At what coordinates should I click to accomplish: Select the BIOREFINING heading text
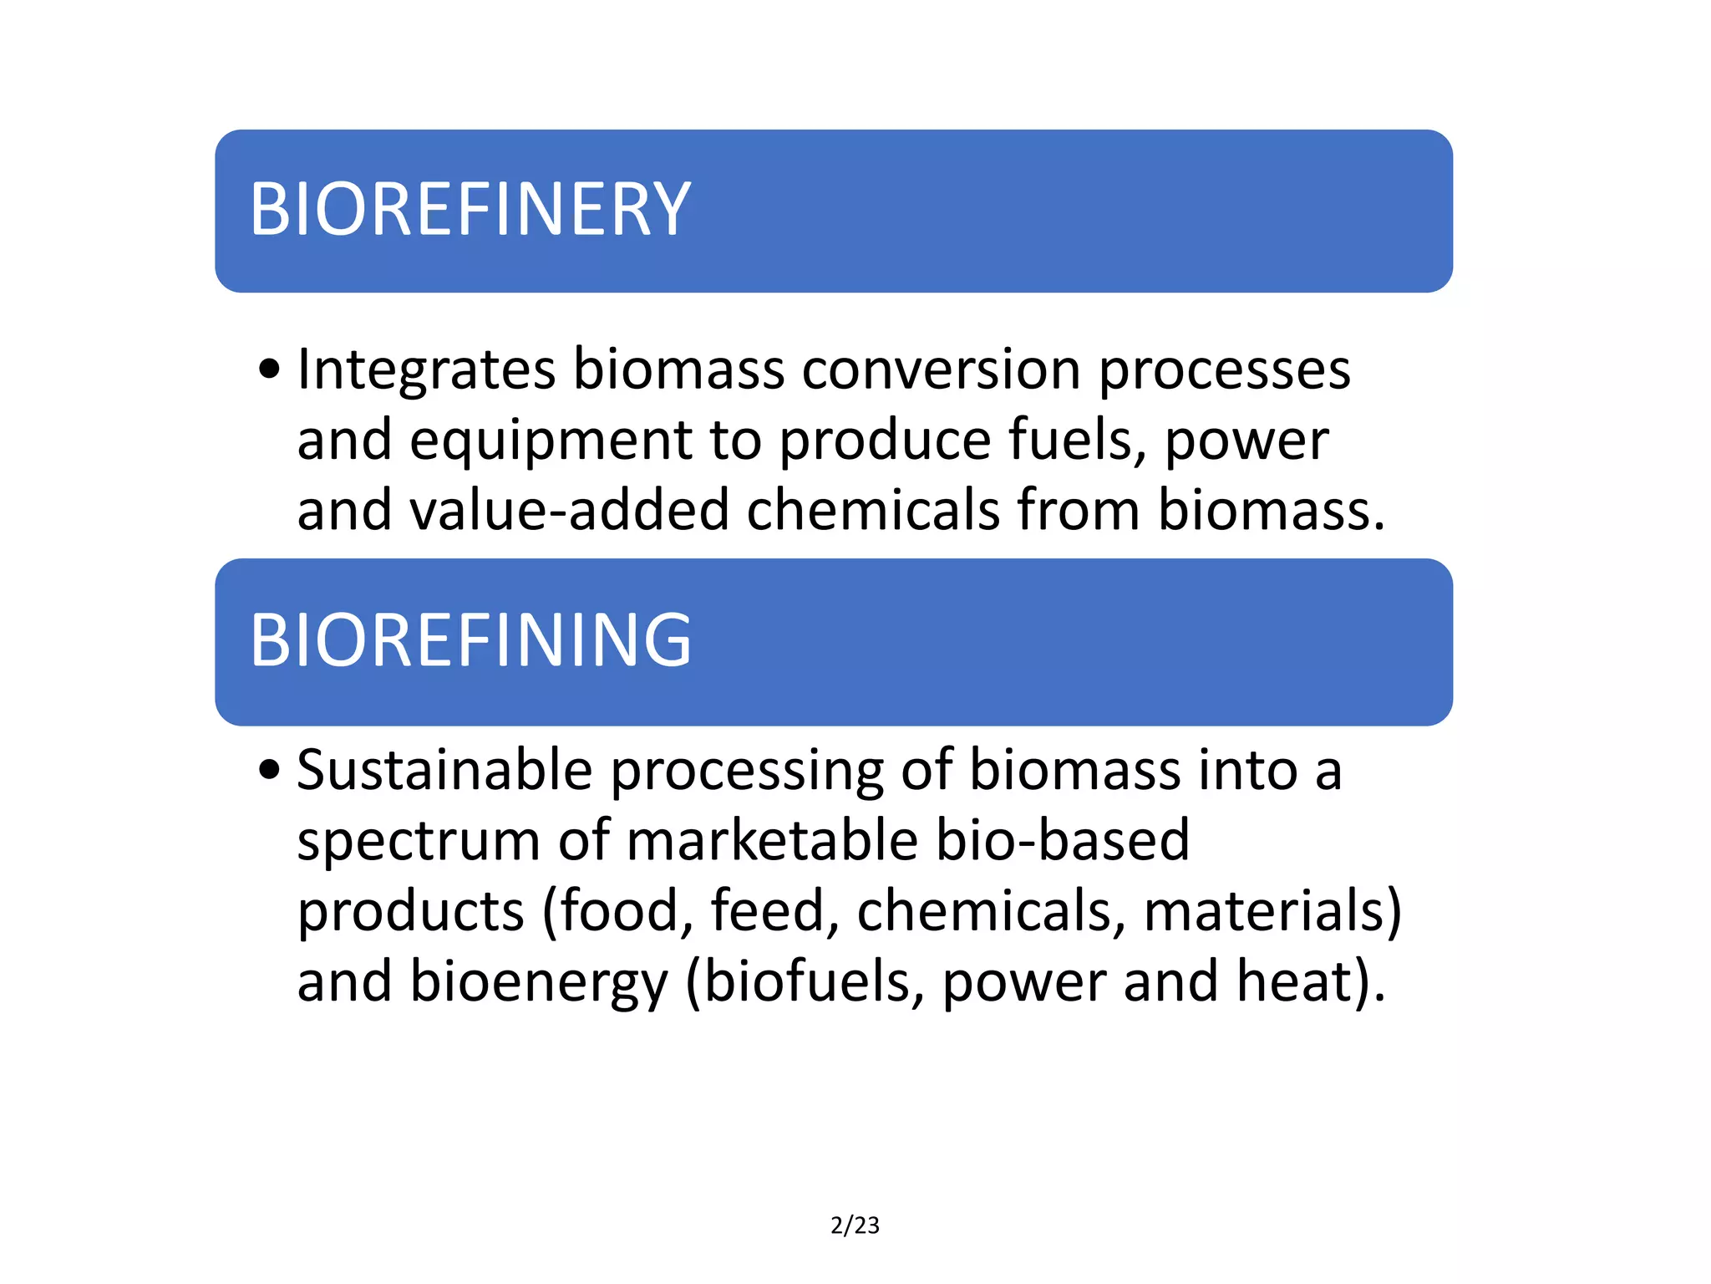click(470, 640)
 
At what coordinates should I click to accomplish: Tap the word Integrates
click(426, 369)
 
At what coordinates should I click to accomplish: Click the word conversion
click(942, 369)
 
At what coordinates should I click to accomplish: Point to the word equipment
click(551, 441)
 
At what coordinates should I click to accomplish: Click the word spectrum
click(419, 841)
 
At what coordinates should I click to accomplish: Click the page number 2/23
click(855, 1225)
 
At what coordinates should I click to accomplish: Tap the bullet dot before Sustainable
click(269, 769)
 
